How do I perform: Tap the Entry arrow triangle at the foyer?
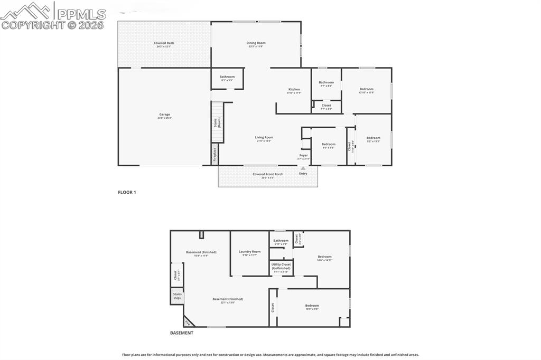(303, 168)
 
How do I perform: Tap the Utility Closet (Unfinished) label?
(281, 267)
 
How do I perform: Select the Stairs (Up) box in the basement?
(177, 296)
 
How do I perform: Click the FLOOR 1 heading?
(127, 193)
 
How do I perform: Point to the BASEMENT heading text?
(181, 333)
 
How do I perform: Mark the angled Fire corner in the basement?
(188, 322)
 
